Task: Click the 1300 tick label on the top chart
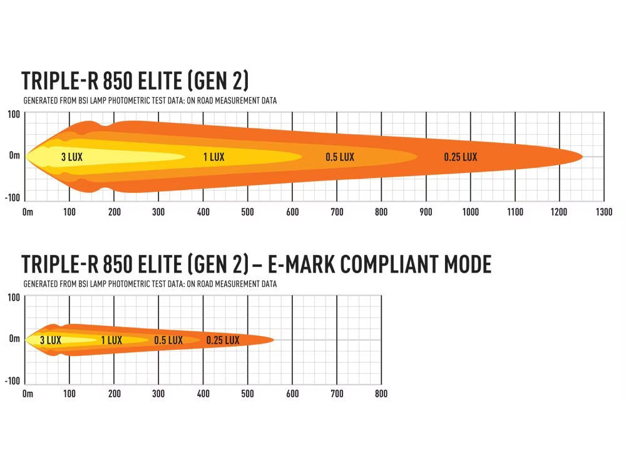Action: pyautogui.click(x=604, y=212)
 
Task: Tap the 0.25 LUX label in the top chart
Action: pyautogui.click(x=461, y=157)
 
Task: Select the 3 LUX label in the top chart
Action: pyautogui.click(x=72, y=157)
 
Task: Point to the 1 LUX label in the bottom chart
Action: pyautogui.click(x=111, y=340)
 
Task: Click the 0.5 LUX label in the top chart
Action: pyautogui.click(x=340, y=157)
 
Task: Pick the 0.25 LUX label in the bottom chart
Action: pyautogui.click(x=223, y=340)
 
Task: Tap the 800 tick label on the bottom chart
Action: pyautogui.click(x=381, y=394)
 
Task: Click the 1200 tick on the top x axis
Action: pyautogui.click(x=560, y=212)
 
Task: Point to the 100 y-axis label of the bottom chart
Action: pyautogui.click(x=14, y=297)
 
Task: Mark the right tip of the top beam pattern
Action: pyautogui.click(x=583, y=157)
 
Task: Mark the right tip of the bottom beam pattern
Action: pyautogui.click(x=274, y=340)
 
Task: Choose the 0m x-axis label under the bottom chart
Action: pyautogui.click(x=28, y=394)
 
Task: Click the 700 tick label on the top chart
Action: pyautogui.click(x=337, y=212)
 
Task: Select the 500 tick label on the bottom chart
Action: pyautogui.click(x=248, y=394)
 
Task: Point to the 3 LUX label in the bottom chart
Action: pyautogui.click(x=51, y=340)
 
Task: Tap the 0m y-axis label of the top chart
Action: pyautogui.click(x=14, y=155)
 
